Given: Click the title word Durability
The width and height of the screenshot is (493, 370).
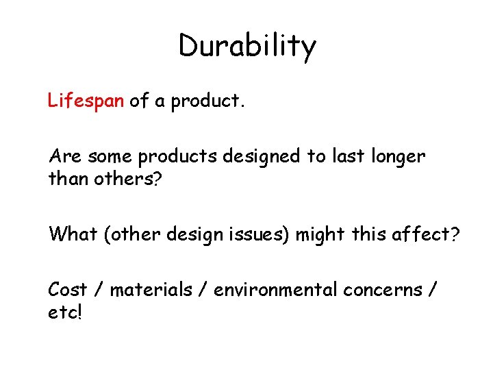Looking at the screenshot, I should point(247,47).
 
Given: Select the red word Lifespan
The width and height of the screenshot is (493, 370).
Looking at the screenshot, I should point(86,101).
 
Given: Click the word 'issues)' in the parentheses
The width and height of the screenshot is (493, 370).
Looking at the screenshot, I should point(264,234).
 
